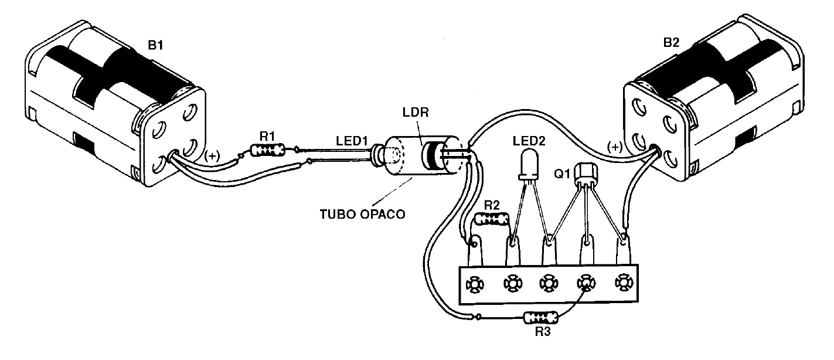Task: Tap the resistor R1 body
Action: tap(267, 151)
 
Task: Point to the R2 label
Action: tap(493, 205)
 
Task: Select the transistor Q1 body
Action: tap(587, 172)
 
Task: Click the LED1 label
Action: tap(353, 141)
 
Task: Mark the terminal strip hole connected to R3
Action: tap(585, 285)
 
